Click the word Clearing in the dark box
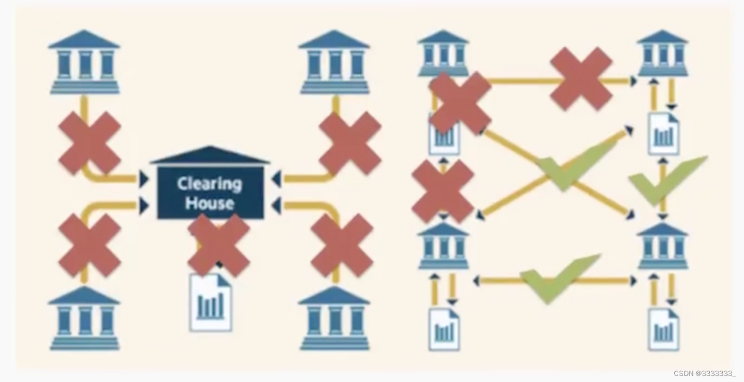point(209,183)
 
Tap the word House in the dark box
point(209,203)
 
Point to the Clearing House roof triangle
point(210,155)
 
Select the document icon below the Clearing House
point(210,303)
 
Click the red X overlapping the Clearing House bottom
point(219,244)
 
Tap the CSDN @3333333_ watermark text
point(704,373)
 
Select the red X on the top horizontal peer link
point(581,78)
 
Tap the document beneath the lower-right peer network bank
point(664,329)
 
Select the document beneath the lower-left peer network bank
point(444,329)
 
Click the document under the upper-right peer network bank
point(664,134)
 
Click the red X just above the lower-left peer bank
point(443,191)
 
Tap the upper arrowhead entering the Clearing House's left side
point(144,178)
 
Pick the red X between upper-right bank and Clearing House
point(350,143)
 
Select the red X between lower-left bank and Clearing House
point(90,245)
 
